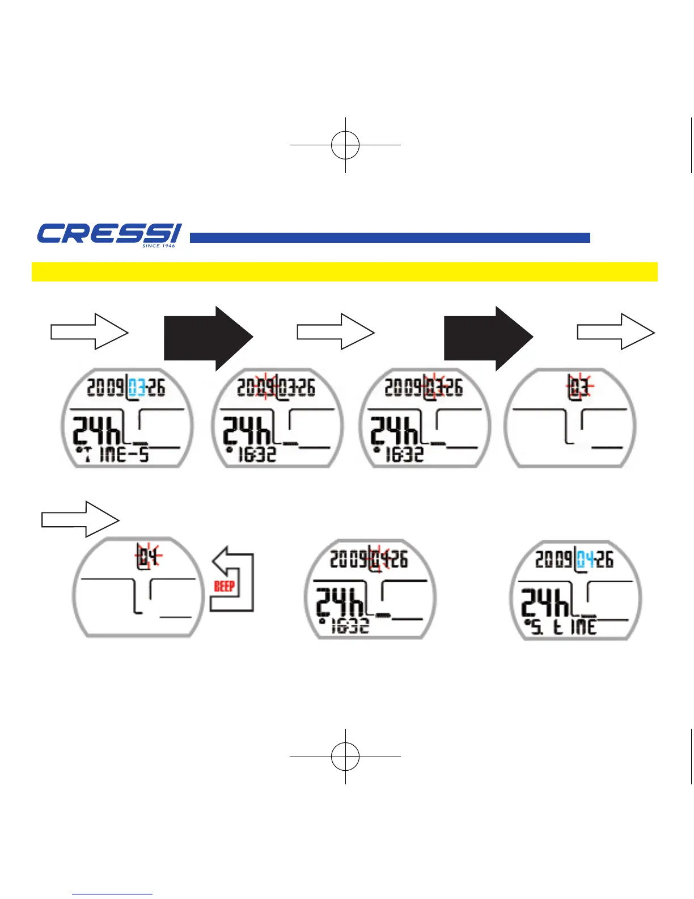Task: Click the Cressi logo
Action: click(109, 234)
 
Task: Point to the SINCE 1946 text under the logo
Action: click(159, 246)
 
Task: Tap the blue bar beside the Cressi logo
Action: click(390, 238)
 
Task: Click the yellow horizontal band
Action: click(344, 272)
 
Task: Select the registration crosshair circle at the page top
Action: click(345, 145)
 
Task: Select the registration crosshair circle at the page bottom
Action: click(345, 756)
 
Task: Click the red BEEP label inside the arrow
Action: click(225, 586)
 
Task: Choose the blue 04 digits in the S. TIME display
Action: click(586, 560)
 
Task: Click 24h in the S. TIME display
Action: click(545, 602)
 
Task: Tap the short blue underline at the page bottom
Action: click(112, 894)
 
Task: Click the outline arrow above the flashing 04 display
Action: click(81, 519)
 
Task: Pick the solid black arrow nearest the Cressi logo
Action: click(208, 338)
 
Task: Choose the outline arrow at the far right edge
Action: click(616, 331)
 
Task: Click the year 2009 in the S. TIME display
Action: click(554, 560)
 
